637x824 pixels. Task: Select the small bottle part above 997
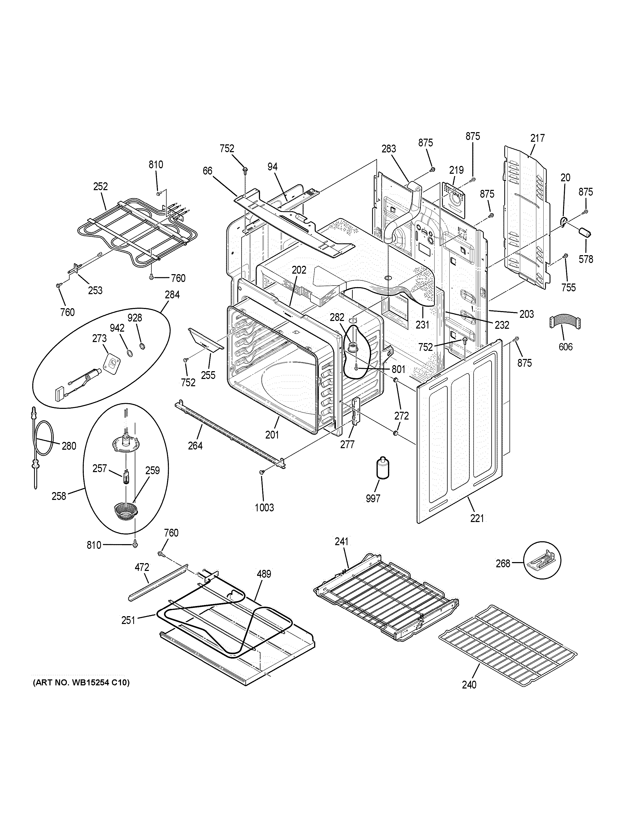(x=383, y=469)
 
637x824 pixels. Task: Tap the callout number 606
(x=565, y=346)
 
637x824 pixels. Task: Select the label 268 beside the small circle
(x=503, y=563)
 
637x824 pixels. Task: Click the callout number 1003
(x=264, y=507)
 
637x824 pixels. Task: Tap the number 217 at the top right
(x=537, y=138)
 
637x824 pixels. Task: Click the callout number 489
(x=264, y=574)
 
